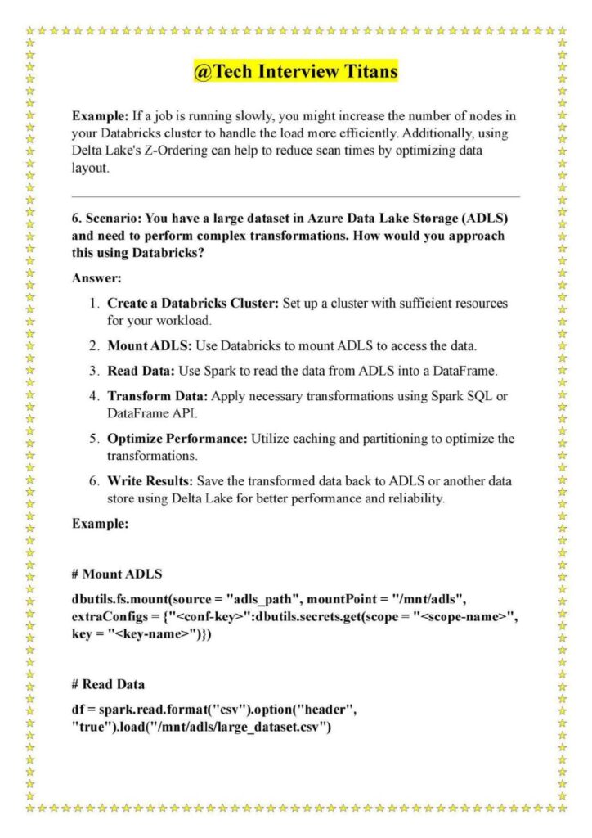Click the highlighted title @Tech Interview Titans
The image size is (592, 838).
click(295, 72)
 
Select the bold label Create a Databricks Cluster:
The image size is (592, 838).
click(193, 304)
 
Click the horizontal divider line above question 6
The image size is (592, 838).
click(295, 196)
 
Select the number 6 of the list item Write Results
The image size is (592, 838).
click(94, 481)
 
